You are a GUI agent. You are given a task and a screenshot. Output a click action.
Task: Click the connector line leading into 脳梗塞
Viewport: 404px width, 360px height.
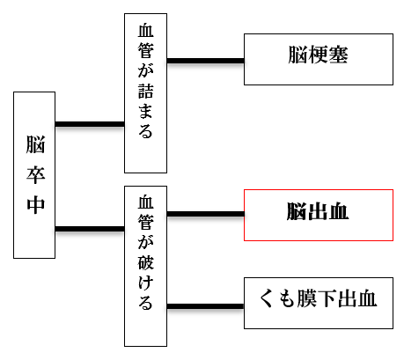coord(205,61)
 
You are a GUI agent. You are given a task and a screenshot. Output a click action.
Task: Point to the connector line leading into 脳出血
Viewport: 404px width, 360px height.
coord(205,214)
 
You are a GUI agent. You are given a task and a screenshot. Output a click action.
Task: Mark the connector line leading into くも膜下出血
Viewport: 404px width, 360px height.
coord(205,306)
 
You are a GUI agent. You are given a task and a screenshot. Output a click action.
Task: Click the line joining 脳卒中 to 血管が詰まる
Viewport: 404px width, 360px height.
coord(90,124)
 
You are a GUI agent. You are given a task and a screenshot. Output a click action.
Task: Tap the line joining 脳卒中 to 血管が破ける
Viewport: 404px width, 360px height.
coord(90,229)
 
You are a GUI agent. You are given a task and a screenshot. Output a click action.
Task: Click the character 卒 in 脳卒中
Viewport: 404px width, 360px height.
coord(36,175)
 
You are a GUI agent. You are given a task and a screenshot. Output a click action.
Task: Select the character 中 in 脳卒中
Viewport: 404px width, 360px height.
coord(36,205)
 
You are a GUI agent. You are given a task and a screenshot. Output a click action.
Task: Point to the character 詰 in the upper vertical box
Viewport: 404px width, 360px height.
coord(145,92)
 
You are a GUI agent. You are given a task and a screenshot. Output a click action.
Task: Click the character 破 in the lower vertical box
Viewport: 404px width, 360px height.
coord(145,262)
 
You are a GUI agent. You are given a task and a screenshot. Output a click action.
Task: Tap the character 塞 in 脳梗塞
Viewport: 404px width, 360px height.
coord(338,55)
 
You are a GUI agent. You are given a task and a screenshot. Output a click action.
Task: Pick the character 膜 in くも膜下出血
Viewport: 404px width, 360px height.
coord(307,298)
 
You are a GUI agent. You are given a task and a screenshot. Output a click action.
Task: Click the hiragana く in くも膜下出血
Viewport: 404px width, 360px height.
coord(266,298)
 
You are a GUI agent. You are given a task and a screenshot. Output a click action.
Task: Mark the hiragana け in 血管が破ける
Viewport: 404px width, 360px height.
coord(145,282)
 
